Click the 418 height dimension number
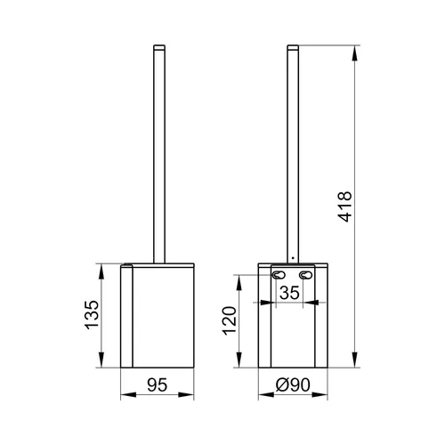point(344,206)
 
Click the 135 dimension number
point(92,315)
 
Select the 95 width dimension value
point(158,384)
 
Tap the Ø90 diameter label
point(293,384)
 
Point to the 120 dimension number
point(230,320)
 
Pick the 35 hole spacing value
point(289,293)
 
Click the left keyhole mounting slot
point(279,275)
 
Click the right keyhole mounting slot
point(305,275)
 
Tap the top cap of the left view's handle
point(159,47)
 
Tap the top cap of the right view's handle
point(293,47)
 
